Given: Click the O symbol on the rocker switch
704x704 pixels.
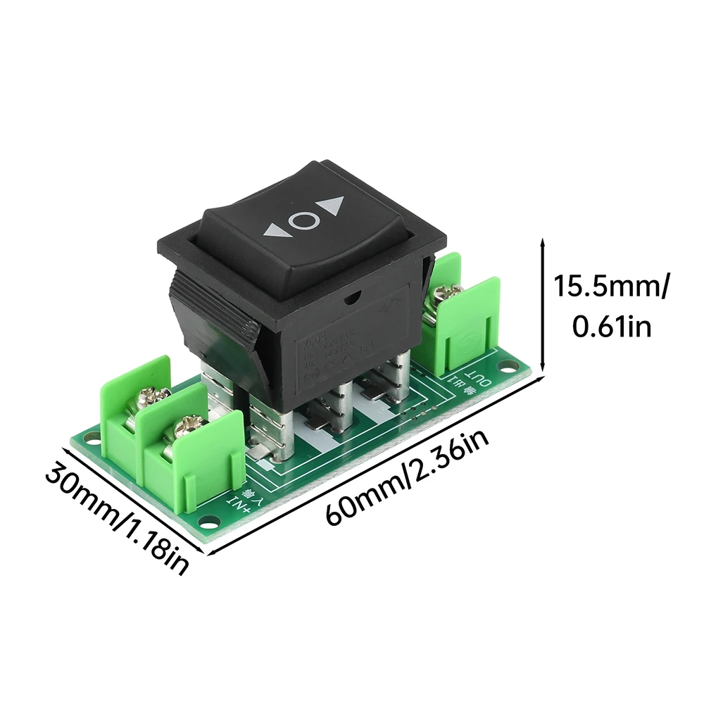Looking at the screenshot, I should click(x=303, y=221).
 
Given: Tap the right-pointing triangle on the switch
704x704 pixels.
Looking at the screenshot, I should click(x=332, y=206).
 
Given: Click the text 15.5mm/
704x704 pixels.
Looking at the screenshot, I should click(x=610, y=287).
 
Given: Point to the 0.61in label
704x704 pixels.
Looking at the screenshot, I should click(x=610, y=327).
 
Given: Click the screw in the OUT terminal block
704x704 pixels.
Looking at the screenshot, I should click(x=446, y=294).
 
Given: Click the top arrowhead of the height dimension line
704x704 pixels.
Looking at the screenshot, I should click(x=542, y=242).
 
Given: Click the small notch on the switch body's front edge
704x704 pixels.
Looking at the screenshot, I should click(x=350, y=299).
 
